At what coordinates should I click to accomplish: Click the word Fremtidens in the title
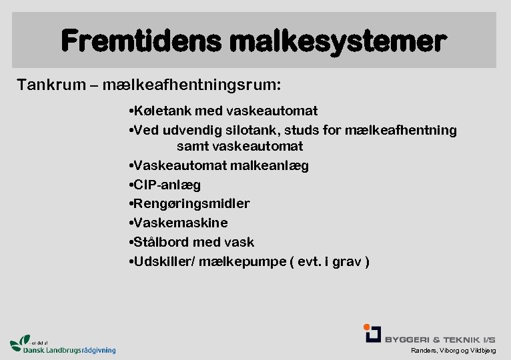click(x=140, y=41)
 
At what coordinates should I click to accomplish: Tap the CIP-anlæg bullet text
click(x=167, y=185)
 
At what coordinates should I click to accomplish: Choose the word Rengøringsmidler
click(x=191, y=203)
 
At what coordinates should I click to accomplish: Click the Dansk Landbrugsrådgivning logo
click(x=63, y=345)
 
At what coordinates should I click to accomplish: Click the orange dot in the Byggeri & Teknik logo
click(x=367, y=327)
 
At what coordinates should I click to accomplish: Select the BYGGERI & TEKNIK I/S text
click(x=440, y=339)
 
